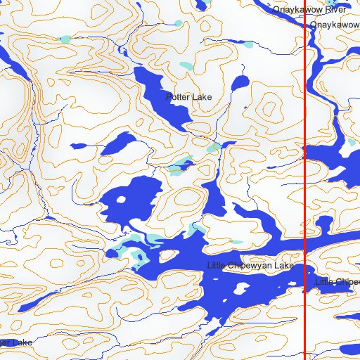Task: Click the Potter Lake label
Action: (188, 96)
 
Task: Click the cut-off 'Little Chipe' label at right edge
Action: (337, 282)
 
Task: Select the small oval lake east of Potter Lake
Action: (240, 83)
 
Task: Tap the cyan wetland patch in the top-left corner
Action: (65, 39)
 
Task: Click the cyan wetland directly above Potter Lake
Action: (185, 66)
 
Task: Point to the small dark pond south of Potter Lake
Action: (185, 167)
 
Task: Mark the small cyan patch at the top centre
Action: (179, 23)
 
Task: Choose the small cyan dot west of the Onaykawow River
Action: (247, 44)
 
